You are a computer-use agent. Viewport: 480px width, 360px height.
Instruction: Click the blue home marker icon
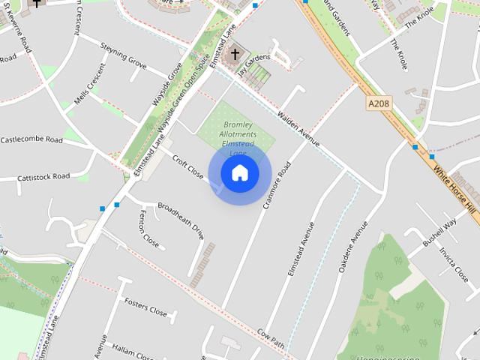(240, 173)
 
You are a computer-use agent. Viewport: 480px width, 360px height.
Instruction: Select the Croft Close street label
(187, 167)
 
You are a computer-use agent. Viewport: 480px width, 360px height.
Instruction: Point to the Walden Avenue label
(298, 130)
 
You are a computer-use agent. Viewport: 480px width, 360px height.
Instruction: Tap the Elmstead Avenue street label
(301, 247)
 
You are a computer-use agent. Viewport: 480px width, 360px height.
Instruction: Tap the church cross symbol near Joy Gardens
(235, 53)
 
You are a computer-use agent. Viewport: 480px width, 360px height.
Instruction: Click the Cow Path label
(271, 337)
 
